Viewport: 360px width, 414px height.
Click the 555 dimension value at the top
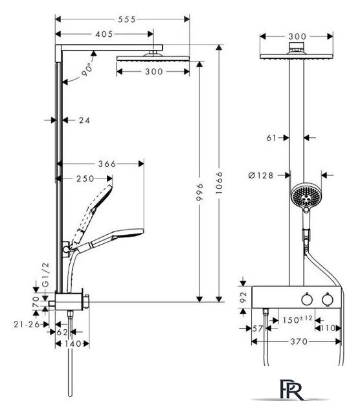pyautogui.click(x=127, y=19)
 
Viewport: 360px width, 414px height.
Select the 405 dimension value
pyautogui.click(x=104, y=34)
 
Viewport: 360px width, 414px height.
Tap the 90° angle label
pyautogui.click(x=87, y=70)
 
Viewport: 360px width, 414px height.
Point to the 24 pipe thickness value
pyautogui.click(x=84, y=120)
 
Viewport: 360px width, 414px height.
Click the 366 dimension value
pyautogui.click(x=107, y=164)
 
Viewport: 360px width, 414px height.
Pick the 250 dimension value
pyautogui.click(x=85, y=179)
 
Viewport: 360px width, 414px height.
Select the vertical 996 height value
pyautogui.click(x=200, y=192)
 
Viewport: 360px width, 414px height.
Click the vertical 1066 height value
pyautogui.click(x=219, y=182)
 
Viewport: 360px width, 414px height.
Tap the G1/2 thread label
pyautogui.click(x=46, y=274)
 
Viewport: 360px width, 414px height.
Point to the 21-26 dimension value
pyautogui.click(x=27, y=324)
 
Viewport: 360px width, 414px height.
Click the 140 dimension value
pyautogui.click(x=72, y=343)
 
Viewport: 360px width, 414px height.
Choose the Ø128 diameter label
pyautogui.click(x=261, y=175)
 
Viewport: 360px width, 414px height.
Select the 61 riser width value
pyautogui.click(x=271, y=138)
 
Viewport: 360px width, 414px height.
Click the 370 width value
pyautogui.click(x=299, y=342)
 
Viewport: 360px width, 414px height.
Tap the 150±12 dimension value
pyautogui.click(x=297, y=320)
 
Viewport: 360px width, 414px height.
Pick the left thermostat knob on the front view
pyautogui.click(x=307, y=299)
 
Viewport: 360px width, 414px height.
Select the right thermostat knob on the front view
pyautogui.click(x=328, y=299)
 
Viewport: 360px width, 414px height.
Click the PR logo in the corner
pyautogui.click(x=292, y=390)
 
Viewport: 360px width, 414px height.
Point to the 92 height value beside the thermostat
pyautogui.click(x=243, y=297)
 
